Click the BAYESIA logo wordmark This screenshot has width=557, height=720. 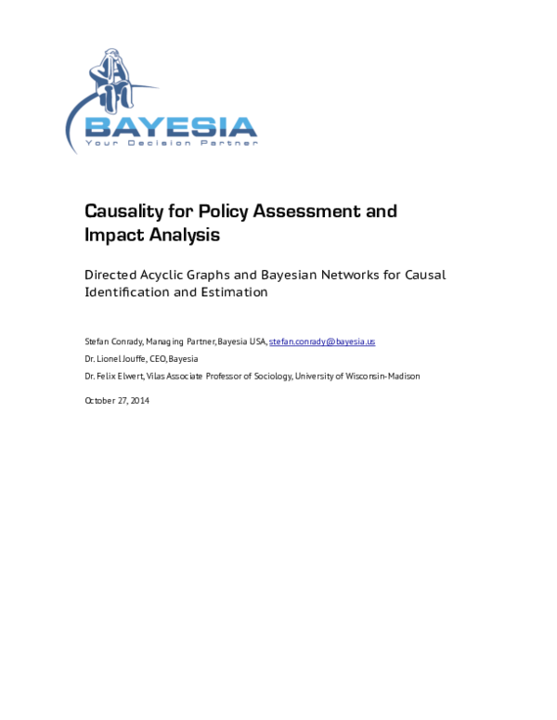(x=171, y=126)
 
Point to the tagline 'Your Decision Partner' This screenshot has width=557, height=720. (x=171, y=144)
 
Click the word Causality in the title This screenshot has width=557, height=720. (x=125, y=212)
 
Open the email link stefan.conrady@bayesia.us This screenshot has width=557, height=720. (x=322, y=341)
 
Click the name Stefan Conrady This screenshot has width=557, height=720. (x=112, y=341)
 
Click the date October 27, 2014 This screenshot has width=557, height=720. (x=117, y=401)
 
